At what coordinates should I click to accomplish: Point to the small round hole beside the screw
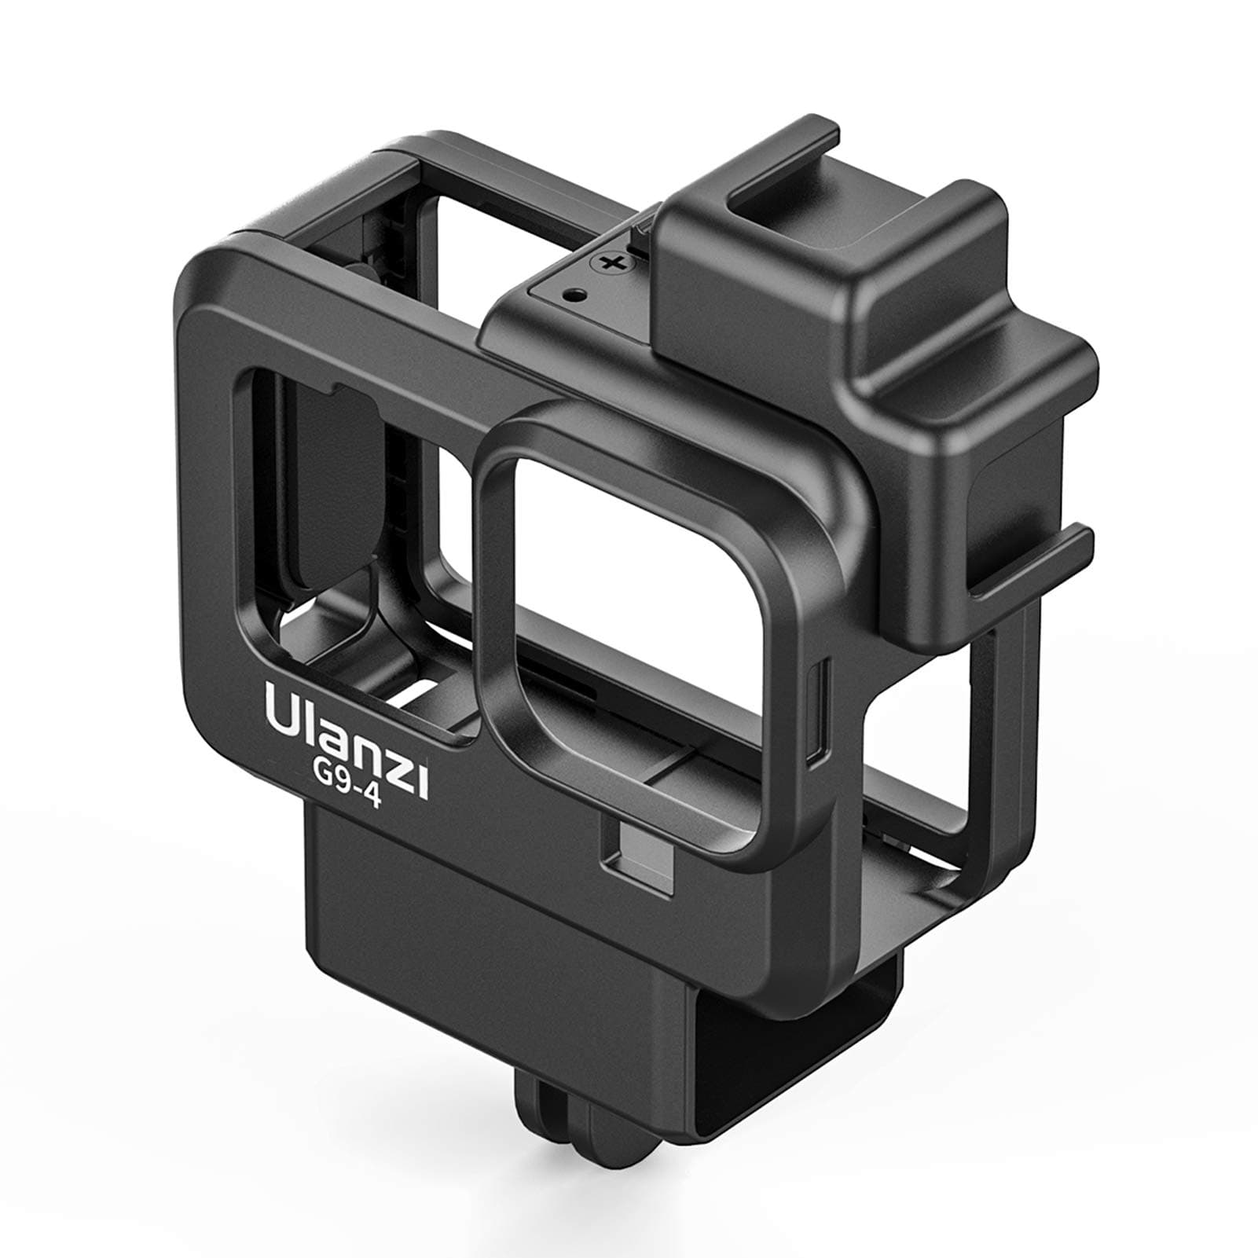tap(578, 295)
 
